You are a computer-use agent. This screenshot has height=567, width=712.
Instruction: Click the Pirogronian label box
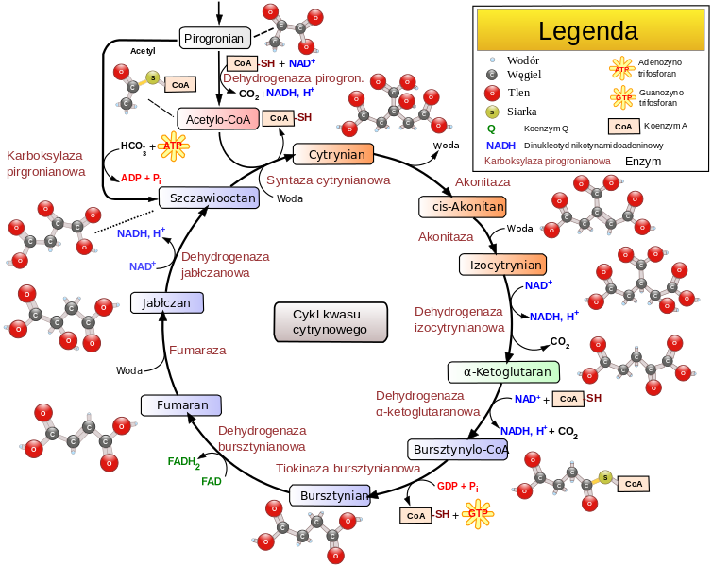pos(215,39)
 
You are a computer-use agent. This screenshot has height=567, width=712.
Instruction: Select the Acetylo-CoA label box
pos(218,119)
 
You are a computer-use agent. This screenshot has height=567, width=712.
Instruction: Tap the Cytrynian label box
pos(334,154)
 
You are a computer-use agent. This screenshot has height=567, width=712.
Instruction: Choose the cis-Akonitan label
pos(463,207)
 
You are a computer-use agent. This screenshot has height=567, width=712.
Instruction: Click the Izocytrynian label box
pos(502,266)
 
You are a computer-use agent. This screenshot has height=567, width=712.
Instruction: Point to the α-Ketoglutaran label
pos(503,372)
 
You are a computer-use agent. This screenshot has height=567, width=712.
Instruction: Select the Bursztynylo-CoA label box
pos(458,449)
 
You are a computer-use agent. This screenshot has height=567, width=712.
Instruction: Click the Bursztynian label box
pos(330,495)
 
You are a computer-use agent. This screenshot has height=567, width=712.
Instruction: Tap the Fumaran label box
pos(181,405)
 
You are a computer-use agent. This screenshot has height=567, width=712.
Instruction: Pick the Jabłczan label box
pos(167,303)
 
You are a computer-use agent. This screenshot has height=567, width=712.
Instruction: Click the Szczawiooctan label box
pos(209,198)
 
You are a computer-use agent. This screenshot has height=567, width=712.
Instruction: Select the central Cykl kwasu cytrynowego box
pos(331,321)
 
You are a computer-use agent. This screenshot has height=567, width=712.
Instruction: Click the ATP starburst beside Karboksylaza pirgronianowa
pos(173,146)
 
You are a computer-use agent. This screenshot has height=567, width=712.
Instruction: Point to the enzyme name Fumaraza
pos(197,351)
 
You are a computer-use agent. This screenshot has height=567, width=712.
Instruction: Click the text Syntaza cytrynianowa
pos(328,180)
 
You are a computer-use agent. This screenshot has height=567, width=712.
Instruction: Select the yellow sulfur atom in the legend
pos(491,112)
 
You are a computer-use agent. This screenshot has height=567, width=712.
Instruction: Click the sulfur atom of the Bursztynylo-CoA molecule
pos(605,476)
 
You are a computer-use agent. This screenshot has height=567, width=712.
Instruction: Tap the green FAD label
pos(212,481)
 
